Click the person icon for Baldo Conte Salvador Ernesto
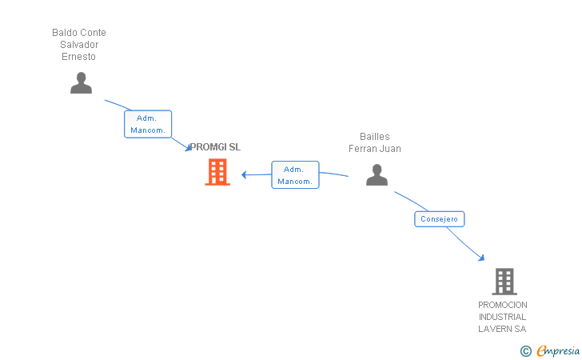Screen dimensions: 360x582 coord(81,83)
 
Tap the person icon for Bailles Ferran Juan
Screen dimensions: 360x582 coord(377,174)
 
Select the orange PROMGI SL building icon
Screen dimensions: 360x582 coord(217,172)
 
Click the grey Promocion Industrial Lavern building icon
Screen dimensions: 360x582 coord(504,281)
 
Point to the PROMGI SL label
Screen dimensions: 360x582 coord(215,147)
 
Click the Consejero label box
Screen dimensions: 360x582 coord(440,218)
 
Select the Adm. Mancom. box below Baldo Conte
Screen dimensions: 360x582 coord(148,124)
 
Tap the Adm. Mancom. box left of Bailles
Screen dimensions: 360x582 coord(295,174)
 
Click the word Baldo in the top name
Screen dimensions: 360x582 coord(64,33)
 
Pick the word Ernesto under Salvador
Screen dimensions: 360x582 coord(78,57)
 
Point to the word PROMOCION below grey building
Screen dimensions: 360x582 coord(503,305)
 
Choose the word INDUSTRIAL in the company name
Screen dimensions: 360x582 coord(503,317)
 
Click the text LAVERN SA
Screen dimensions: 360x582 coord(503,329)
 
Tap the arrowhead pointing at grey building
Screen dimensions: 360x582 coord(481,257)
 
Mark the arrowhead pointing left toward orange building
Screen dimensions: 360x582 coord(245,174)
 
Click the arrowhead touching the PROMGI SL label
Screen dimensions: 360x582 coord(189,148)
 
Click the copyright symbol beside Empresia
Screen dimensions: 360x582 coord(525,350)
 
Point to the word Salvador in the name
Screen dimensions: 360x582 coord(79,45)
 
